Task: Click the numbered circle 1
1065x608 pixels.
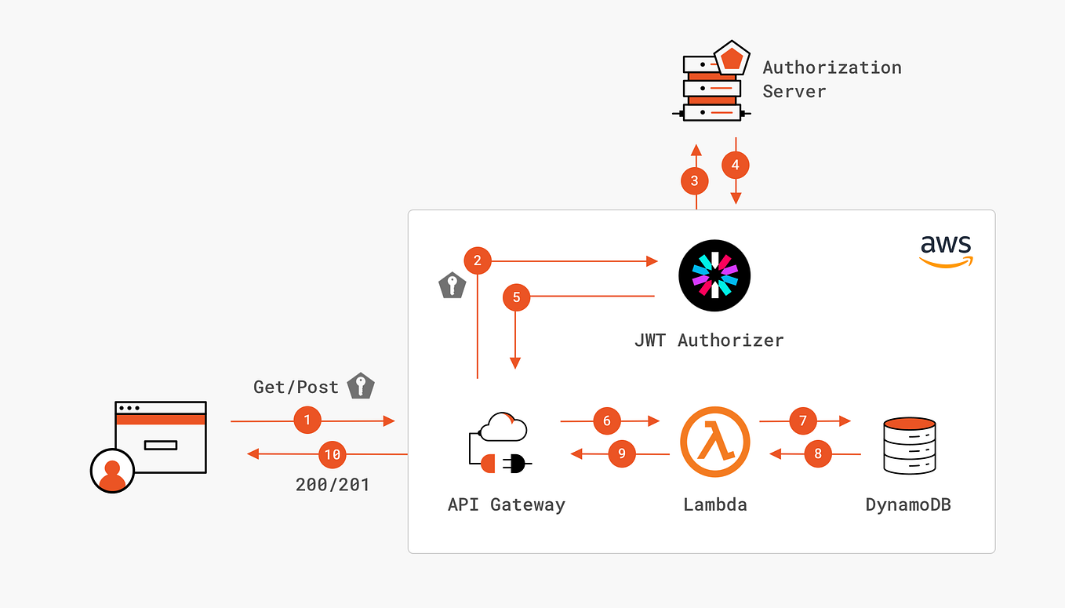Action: coord(307,421)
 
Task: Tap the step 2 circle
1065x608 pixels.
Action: coord(478,260)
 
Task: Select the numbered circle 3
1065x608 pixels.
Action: coord(694,181)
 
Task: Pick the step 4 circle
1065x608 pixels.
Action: coord(735,165)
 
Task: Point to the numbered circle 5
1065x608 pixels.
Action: coord(516,297)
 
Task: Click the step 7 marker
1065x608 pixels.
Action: coord(803,421)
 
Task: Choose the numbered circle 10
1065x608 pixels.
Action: coord(333,454)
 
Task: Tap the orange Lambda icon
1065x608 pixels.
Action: coord(714,442)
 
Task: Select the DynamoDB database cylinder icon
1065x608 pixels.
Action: coord(909,446)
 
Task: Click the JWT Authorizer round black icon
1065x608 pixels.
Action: coord(714,275)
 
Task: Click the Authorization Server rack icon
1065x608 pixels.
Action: coord(711,88)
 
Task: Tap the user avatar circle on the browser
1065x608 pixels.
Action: coord(112,470)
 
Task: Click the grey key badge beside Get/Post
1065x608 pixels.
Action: coord(361,385)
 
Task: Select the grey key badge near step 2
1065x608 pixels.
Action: coord(452,286)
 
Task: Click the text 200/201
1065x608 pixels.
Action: coord(333,485)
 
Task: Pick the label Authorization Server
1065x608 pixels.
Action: coord(831,79)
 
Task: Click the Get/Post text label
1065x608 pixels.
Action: coord(296,387)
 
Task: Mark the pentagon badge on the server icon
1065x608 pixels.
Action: coord(732,58)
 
